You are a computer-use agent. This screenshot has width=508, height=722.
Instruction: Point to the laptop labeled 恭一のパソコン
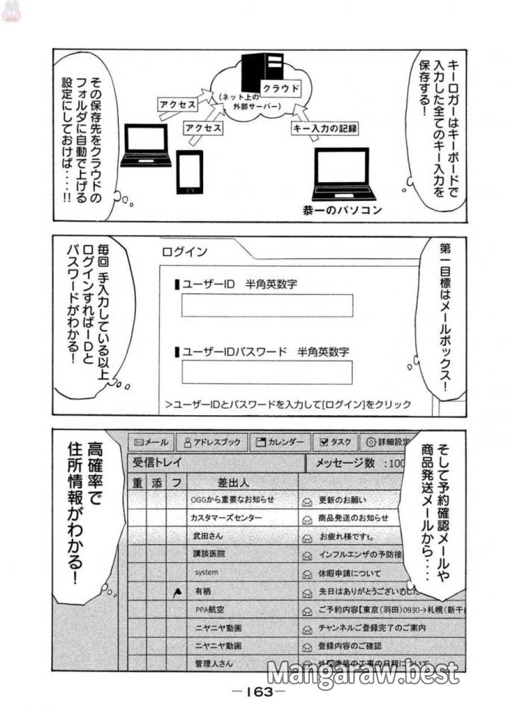click(341, 174)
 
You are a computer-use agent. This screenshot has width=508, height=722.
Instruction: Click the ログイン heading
click(185, 252)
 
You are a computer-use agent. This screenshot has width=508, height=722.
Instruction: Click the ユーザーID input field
click(266, 306)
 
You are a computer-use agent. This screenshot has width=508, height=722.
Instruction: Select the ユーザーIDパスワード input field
click(266, 372)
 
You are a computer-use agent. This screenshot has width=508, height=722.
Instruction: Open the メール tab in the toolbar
click(151, 442)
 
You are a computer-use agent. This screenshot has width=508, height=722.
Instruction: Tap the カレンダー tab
click(279, 442)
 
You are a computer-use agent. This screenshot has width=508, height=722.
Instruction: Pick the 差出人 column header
click(233, 483)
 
